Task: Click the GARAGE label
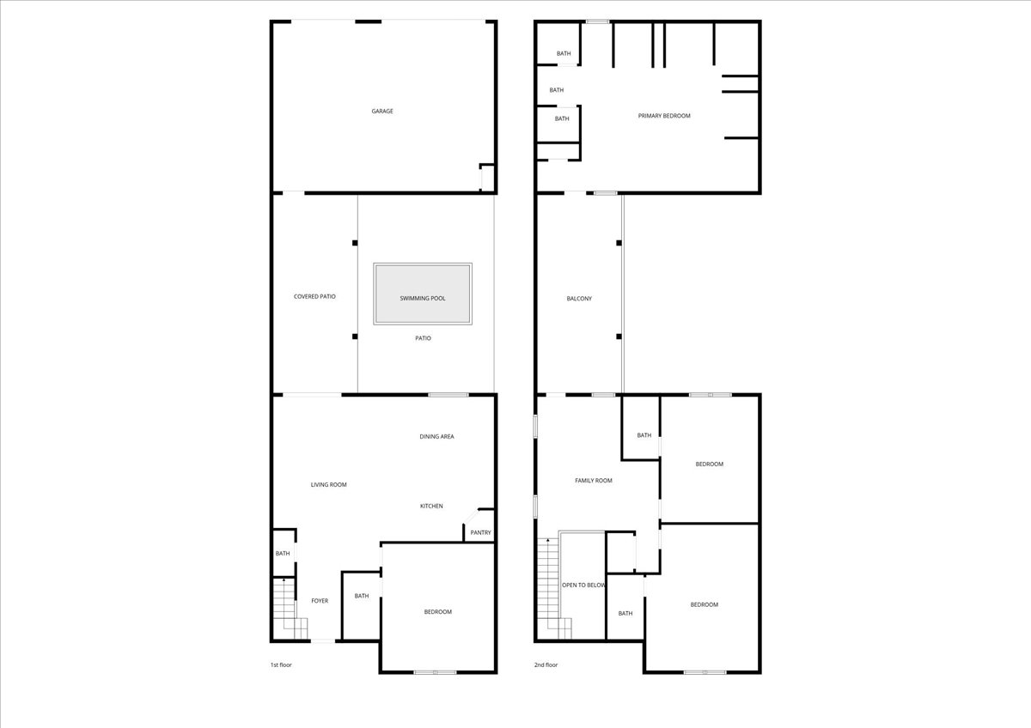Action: click(x=382, y=111)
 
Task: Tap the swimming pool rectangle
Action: click(x=422, y=294)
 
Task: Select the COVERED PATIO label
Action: click(x=314, y=296)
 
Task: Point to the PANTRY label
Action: click(x=480, y=532)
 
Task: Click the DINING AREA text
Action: click(x=436, y=437)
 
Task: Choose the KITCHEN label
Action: click(x=431, y=506)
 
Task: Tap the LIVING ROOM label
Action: click(x=328, y=485)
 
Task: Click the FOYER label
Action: click(x=320, y=601)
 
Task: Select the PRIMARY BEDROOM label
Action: click(x=663, y=116)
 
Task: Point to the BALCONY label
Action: click(x=579, y=299)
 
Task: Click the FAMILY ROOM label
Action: click(x=593, y=481)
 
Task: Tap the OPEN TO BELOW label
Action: click(x=583, y=585)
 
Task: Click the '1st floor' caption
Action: click(x=281, y=664)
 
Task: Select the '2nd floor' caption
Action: click(x=546, y=664)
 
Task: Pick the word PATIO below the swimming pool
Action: click(x=423, y=338)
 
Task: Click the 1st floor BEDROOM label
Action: click(x=437, y=612)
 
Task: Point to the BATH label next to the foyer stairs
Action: click(x=283, y=554)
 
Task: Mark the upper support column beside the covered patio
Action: click(x=354, y=243)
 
